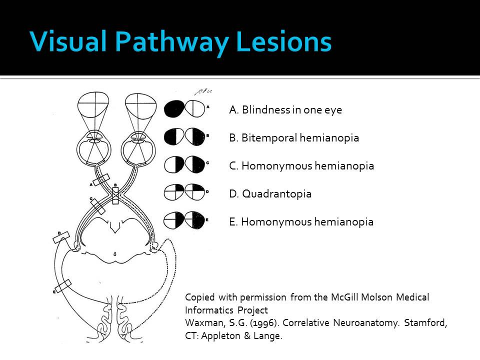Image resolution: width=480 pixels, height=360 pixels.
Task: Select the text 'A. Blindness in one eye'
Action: coord(285,110)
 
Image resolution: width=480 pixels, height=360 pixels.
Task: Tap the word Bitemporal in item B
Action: coord(269,138)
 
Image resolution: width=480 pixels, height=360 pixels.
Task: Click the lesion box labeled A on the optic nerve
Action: coord(101,179)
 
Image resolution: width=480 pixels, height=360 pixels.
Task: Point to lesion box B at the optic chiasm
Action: coord(115,194)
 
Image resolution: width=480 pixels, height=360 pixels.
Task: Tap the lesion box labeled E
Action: coord(63,287)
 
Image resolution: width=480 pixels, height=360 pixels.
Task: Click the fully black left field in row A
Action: coord(173,109)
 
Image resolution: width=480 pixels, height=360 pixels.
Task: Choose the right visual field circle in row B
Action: coord(195,136)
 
